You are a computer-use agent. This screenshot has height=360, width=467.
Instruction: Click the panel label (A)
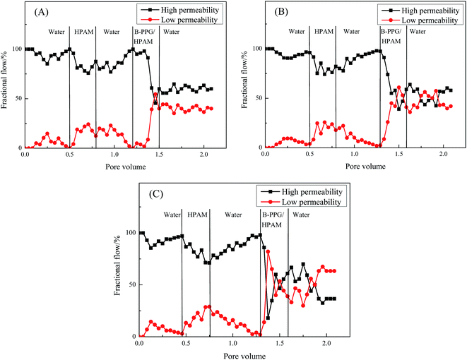coord(37,12)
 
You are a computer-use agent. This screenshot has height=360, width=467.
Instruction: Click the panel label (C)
coord(152,197)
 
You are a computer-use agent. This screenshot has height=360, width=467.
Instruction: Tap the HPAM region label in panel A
coord(83,32)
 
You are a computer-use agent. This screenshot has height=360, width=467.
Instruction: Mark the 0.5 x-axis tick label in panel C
coord(185,344)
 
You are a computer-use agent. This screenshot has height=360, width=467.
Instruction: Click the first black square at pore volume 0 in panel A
coord(25,49)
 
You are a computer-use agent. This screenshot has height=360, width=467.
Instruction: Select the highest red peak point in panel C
coord(268,252)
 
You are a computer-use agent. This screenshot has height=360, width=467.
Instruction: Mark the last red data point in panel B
coord(451,106)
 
